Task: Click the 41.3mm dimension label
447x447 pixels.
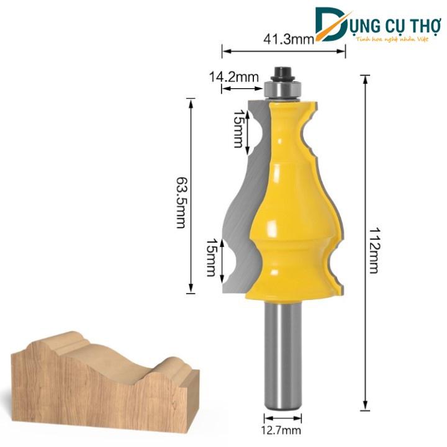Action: [282, 41]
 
